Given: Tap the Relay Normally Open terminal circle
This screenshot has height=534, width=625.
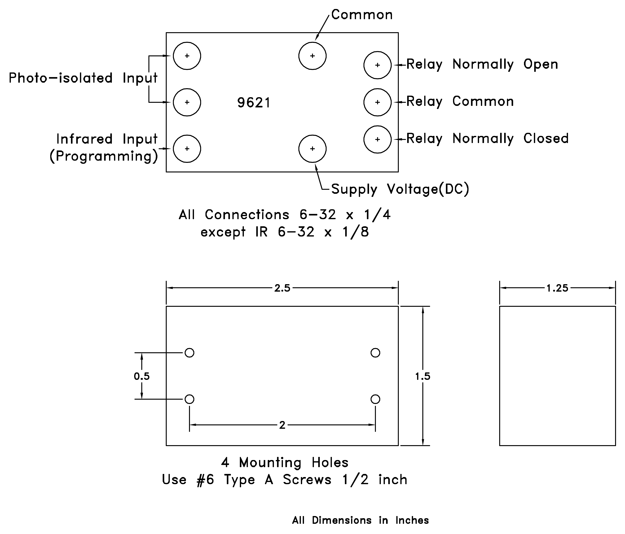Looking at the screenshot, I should click(377, 65).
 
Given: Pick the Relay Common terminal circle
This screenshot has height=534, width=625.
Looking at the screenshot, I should click(377, 102).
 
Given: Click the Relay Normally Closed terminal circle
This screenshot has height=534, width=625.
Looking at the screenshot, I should click(377, 139).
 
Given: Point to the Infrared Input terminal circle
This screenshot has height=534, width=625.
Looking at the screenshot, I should click(187, 149).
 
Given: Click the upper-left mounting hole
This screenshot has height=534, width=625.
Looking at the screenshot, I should click(189, 353).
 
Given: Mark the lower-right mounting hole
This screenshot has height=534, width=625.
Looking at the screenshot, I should click(375, 399).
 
